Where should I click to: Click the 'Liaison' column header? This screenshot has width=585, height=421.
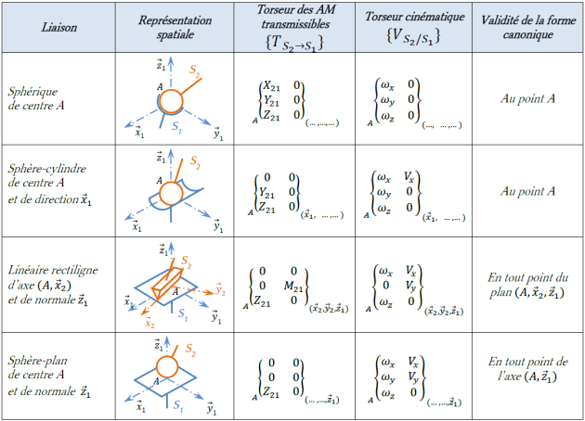pos(58,27)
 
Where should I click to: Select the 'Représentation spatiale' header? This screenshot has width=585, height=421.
pos(175,27)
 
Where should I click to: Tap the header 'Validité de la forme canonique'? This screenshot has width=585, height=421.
pos(528,27)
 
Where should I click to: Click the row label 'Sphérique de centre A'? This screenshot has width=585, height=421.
pos(36,98)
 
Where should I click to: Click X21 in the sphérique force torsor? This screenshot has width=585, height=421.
pos(271,86)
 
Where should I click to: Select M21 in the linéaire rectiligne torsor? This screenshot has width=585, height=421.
pos(293,287)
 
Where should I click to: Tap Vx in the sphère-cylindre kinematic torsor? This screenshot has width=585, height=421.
pos(409,176)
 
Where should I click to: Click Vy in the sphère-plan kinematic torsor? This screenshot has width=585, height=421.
pos(413,377)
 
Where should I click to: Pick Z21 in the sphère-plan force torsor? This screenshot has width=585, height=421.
pos(271,391)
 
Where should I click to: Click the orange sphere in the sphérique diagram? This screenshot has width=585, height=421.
pos(171,101)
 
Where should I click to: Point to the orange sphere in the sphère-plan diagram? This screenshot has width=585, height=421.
pos(167,367)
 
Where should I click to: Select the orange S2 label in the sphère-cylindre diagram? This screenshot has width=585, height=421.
pos(195,162)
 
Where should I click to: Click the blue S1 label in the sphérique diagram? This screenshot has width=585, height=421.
pos(176,127)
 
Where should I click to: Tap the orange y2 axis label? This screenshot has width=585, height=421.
pos(220,288)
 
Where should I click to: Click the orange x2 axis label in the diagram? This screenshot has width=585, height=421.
pos(149,323)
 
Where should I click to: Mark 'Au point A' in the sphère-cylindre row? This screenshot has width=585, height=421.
pos(527,191)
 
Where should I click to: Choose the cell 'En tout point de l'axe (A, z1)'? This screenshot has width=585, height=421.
pos(527,369)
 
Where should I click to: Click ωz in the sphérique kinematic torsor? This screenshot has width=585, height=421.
pos(387,116)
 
